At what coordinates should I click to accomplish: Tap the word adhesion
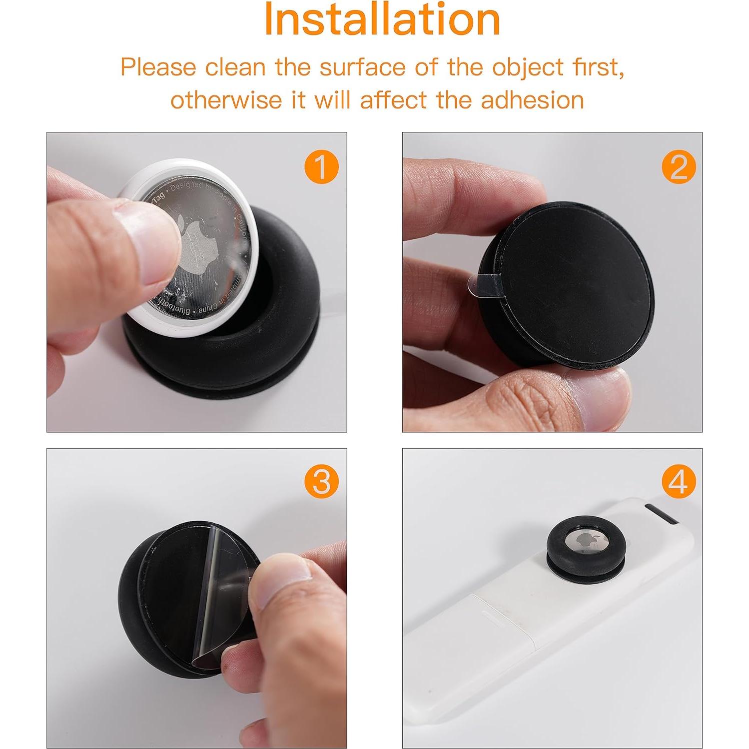(x=532, y=100)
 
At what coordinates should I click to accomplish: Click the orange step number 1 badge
(x=321, y=166)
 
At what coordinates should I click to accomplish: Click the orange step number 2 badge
(x=679, y=166)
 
